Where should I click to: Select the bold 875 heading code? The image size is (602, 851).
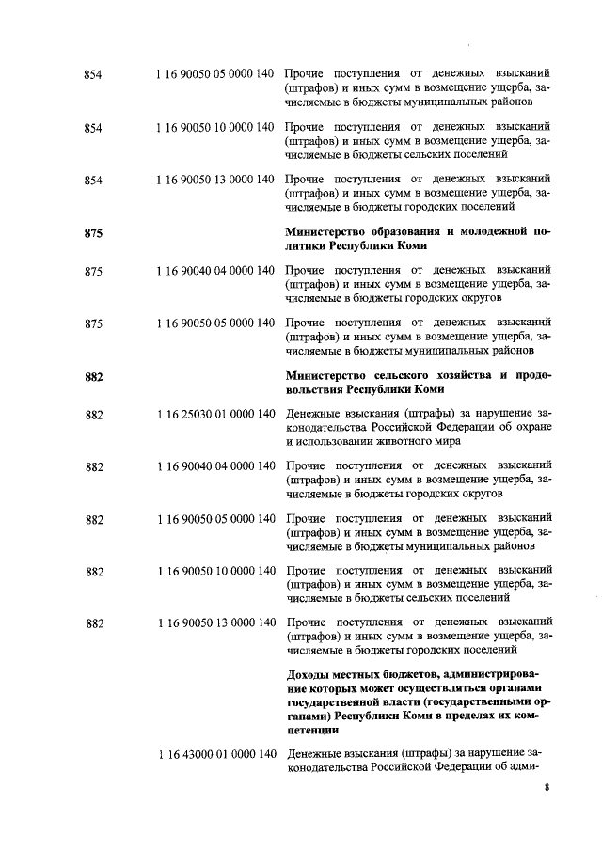93,233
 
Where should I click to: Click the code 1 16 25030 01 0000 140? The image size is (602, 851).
216,414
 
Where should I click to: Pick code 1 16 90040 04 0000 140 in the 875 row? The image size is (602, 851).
216,271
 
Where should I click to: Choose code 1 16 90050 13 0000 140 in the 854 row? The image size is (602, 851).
216,180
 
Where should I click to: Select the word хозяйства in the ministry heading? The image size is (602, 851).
436,377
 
